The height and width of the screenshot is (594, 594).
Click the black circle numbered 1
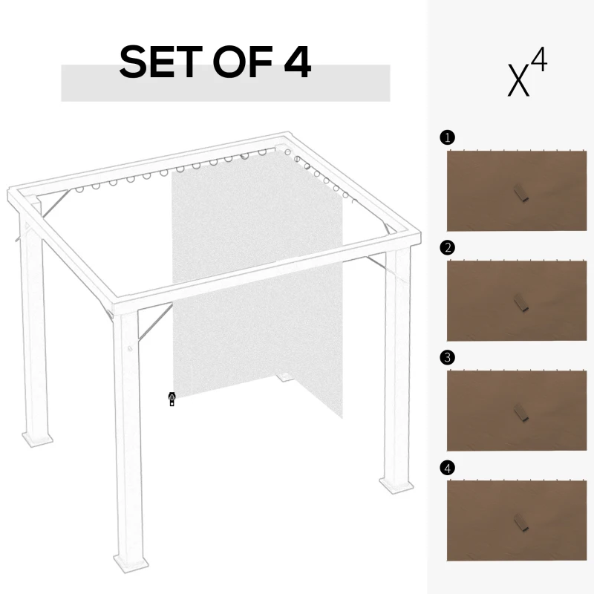click(x=446, y=137)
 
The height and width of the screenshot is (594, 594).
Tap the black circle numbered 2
click(x=446, y=248)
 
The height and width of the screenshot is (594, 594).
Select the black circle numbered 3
click(x=446, y=358)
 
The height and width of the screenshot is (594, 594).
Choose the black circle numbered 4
click(x=446, y=468)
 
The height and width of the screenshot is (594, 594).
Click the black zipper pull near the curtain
click(x=172, y=399)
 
